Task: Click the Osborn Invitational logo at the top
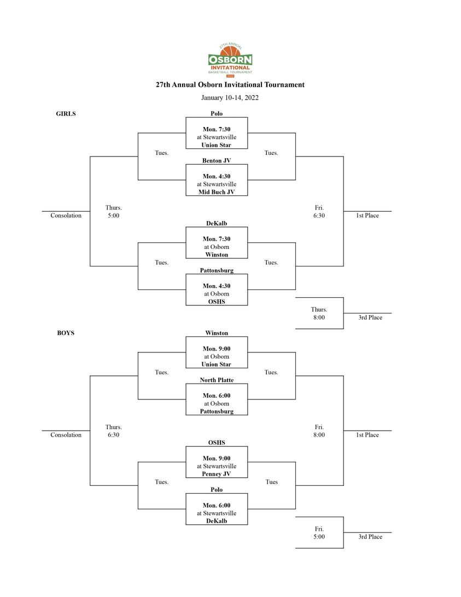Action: click(230, 60)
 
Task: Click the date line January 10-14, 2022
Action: click(230, 97)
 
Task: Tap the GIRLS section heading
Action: click(66, 113)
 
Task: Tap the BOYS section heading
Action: click(66, 333)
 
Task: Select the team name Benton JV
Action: click(217, 160)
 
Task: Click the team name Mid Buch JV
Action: click(217, 192)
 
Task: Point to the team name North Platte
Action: click(217, 380)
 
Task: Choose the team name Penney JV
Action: click(217, 474)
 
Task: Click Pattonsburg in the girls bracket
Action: click(217, 270)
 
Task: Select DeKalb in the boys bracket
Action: click(217, 521)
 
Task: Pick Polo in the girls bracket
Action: click(217, 113)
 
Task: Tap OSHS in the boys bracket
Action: click(217, 443)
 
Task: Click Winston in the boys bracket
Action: click(217, 333)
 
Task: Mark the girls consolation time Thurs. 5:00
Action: click(113, 211)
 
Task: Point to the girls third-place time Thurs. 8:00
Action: click(319, 314)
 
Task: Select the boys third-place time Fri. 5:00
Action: click(319, 532)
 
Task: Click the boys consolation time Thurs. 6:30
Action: click(113, 431)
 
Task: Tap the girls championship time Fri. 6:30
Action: click(319, 211)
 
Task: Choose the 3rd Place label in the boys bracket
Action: click(370, 536)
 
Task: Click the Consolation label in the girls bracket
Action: click(66, 215)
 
